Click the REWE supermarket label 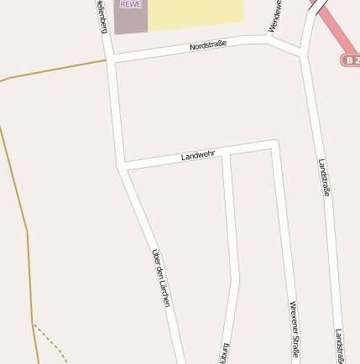[130, 4]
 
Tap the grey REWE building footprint [130, 21]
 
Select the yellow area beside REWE [195, 13]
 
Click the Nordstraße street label [208, 45]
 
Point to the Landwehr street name [198, 155]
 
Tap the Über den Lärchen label [160, 277]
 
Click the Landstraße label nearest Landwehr [325, 177]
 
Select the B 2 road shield [350, 60]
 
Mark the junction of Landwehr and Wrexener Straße [274, 145]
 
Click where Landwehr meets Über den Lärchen [123, 166]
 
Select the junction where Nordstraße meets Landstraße [302, 54]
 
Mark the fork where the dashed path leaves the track [33, 324]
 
